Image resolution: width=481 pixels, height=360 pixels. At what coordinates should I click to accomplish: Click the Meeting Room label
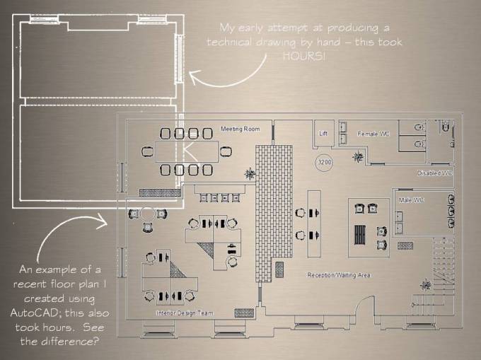click(240, 129)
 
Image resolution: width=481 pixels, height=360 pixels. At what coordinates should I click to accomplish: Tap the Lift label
click(323, 133)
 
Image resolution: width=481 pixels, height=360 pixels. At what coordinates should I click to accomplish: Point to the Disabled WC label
click(435, 173)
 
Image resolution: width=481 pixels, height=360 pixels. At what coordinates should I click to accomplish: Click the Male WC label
click(410, 200)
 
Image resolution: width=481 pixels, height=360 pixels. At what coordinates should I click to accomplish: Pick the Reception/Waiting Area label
click(338, 274)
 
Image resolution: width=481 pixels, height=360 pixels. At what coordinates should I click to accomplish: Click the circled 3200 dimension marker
click(324, 162)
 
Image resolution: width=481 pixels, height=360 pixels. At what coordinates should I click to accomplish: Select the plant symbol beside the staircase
click(425, 285)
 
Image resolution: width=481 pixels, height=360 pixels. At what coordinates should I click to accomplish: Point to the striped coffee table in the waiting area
click(361, 233)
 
